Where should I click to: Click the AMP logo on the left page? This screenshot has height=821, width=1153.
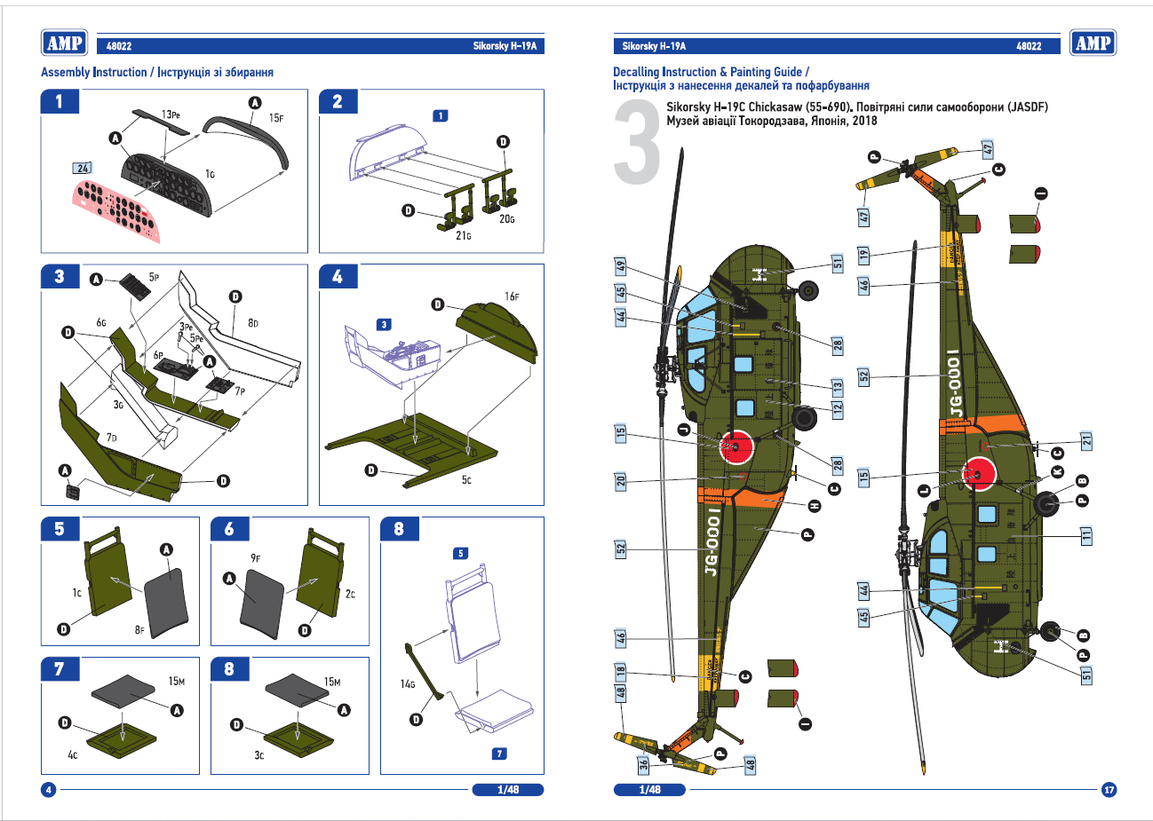(x=65, y=43)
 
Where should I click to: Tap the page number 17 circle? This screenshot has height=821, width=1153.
(x=1109, y=789)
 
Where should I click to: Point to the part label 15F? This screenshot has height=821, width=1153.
(x=276, y=118)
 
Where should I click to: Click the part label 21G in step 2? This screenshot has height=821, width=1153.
(x=463, y=236)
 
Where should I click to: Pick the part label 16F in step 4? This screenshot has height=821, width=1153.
(x=512, y=296)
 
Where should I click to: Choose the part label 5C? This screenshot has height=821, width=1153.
(x=466, y=480)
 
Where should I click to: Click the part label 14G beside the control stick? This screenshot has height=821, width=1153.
(x=408, y=683)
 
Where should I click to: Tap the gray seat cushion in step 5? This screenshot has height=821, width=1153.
(x=166, y=599)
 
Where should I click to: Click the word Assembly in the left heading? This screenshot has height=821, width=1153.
(x=65, y=72)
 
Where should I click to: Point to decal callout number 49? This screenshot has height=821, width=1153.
(x=621, y=265)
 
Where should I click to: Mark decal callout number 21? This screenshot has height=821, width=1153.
(x=1086, y=440)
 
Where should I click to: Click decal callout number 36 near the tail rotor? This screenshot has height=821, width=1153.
(x=643, y=763)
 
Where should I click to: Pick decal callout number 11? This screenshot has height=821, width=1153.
(x=1086, y=535)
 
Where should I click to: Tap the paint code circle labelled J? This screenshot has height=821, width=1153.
(x=683, y=430)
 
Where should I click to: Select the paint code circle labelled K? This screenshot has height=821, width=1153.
(x=1057, y=470)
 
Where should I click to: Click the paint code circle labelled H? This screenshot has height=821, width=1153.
(x=815, y=506)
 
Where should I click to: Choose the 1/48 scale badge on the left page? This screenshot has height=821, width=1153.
(x=507, y=789)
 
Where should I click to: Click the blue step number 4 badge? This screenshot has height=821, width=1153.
(x=338, y=277)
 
